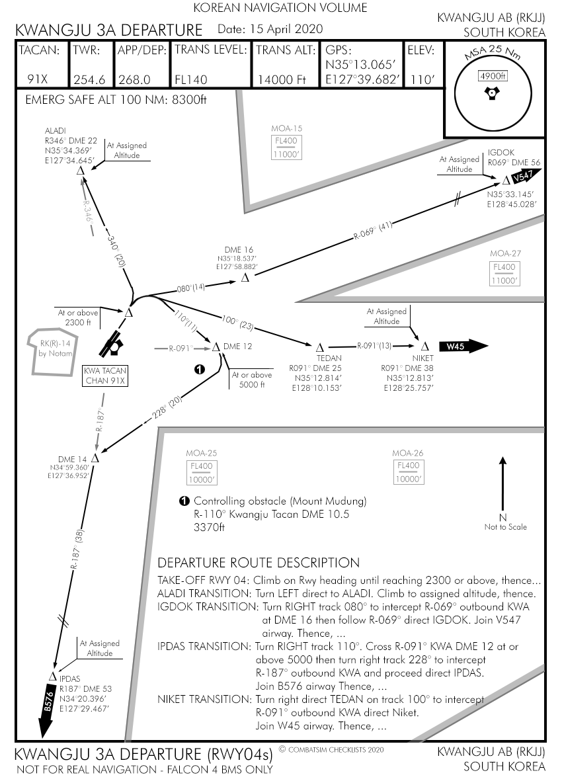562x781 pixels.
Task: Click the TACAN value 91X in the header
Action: pos(39,79)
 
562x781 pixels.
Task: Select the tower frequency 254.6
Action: pos(89,79)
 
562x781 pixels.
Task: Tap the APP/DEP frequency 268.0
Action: pos(134,79)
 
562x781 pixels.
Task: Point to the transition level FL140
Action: pos(190,79)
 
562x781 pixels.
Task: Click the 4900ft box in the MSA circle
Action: pos(490,76)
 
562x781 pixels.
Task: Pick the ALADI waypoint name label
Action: pos(55,130)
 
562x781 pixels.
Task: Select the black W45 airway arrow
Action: pos(462,347)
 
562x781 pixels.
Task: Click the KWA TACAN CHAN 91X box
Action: pos(104,376)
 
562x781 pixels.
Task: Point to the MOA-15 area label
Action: pos(286,128)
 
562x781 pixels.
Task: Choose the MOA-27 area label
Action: pos(506,254)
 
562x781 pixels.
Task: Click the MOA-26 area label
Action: pos(407,453)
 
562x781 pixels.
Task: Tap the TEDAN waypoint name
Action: pos(315,358)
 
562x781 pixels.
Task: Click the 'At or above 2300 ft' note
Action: pos(77,317)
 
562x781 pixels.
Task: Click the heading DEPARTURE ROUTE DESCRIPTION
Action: pos(259,563)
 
